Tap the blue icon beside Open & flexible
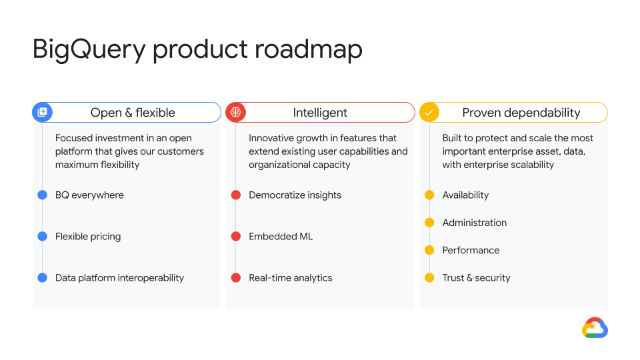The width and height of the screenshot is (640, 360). coord(43,112)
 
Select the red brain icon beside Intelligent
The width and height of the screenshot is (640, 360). coord(236,112)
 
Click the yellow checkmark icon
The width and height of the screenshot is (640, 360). coord(429,112)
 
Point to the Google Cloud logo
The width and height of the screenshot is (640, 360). coord(595,328)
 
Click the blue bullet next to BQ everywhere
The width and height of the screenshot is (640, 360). coord(43,195)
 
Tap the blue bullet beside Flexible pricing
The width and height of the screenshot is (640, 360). coord(43,236)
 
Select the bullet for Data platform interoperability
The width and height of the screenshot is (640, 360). coord(43,278)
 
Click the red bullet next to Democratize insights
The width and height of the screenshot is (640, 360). coord(236,195)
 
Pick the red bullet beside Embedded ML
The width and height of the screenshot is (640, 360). coord(236,236)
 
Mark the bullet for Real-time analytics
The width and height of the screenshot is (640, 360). coord(236,278)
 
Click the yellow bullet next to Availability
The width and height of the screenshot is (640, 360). coord(429,195)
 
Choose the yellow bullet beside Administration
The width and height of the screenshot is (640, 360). coord(429,223)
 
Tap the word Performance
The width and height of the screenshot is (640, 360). coord(471,250)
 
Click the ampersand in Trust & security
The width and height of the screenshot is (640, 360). coord(469,278)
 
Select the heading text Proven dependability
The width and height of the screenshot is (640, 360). coord(521,113)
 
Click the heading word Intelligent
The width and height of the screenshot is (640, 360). coord(320,113)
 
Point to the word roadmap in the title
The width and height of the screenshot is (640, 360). coord(309,49)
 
